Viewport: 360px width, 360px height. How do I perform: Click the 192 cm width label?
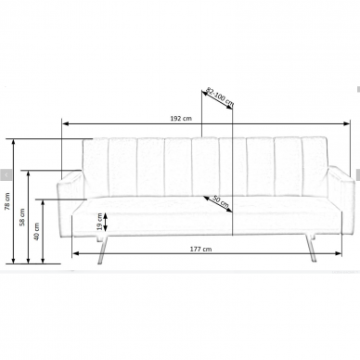pyautogui.click(x=181, y=118)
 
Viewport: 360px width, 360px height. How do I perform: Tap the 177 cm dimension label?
pyautogui.click(x=200, y=249)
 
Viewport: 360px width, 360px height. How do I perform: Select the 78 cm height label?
pyautogui.click(x=7, y=201)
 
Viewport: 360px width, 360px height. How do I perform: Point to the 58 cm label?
pyautogui.click(x=22, y=217)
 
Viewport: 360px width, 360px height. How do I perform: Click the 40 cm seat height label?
pyautogui.click(x=36, y=231)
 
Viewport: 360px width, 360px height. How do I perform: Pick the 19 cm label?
pyautogui.click(x=99, y=222)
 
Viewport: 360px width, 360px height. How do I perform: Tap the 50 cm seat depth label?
pyautogui.click(x=221, y=201)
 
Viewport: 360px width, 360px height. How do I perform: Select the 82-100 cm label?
pyautogui.click(x=220, y=96)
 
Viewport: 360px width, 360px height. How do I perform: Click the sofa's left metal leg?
pyautogui.click(x=102, y=250)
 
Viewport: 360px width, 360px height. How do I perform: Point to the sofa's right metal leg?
pyautogui.click(x=310, y=248)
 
